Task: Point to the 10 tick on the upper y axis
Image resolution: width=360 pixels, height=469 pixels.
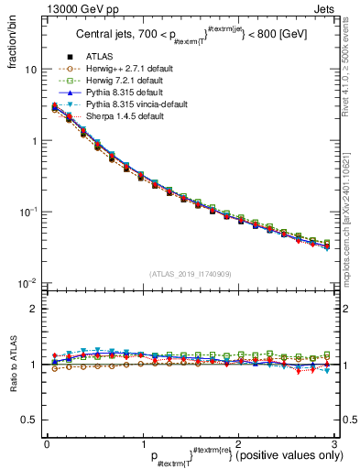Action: pyautogui.click(x=31, y=70)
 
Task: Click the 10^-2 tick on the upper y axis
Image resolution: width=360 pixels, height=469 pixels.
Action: pyautogui.click(x=28, y=282)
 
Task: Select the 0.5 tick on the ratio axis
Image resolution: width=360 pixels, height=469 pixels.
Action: pyautogui.click(x=29, y=420)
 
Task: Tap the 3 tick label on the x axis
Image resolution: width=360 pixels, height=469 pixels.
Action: pyautogui.click(x=334, y=445)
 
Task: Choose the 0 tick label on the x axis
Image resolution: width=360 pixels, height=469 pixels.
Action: pyautogui.click(x=47, y=445)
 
